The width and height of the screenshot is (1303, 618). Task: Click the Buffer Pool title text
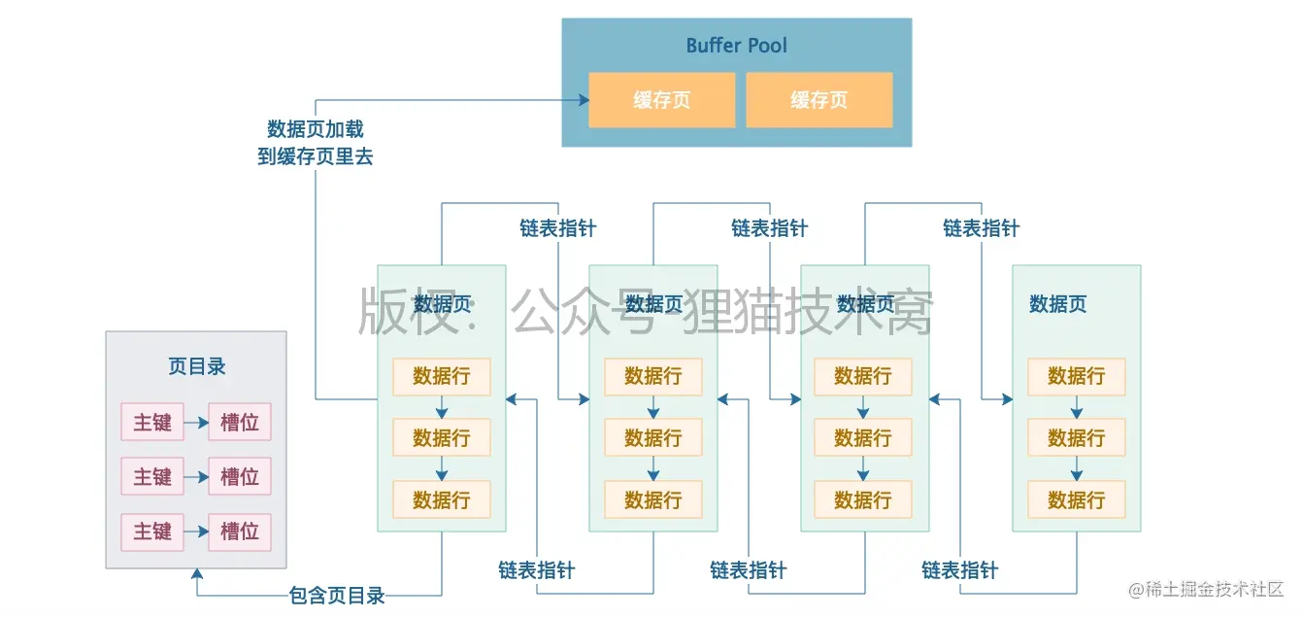[736, 46]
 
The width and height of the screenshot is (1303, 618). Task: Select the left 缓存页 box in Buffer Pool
[661, 100]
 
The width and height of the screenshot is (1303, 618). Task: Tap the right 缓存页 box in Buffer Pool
[819, 100]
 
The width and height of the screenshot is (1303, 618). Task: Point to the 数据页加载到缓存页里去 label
[316, 143]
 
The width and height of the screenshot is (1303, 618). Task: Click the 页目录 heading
[196, 366]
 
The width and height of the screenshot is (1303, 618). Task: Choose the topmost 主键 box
[152, 423]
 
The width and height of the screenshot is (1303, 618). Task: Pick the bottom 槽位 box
[240, 532]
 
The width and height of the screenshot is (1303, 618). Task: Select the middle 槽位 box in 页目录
[240, 477]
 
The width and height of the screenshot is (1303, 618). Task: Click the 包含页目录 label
[337, 596]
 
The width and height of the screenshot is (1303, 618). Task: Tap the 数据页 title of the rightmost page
[1057, 304]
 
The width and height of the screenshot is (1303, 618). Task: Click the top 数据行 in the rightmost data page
[1076, 376]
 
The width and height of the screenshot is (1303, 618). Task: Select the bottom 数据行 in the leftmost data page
[441, 500]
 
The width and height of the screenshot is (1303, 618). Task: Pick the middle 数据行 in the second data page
[652, 438]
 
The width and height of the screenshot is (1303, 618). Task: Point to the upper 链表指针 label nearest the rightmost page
[981, 228]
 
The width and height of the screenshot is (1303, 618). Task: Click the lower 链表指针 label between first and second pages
[536, 570]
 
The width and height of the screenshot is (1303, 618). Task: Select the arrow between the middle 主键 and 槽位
[196, 477]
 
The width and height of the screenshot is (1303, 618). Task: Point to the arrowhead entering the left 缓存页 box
[583, 100]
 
